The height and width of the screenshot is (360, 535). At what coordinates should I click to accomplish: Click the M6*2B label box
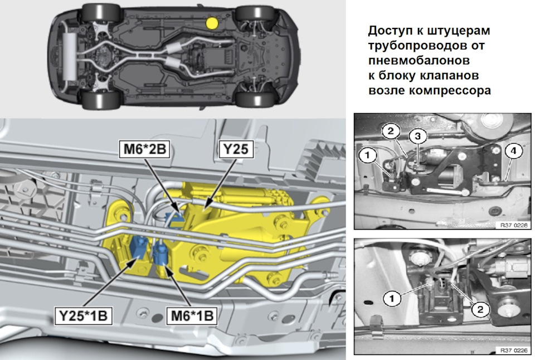coord(144,150)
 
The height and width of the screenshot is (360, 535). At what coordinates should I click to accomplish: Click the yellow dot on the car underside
coord(211,23)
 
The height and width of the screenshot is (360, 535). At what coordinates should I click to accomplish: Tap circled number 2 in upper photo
coord(391,131)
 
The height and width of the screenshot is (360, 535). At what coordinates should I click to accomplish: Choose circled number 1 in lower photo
coord(392,299)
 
